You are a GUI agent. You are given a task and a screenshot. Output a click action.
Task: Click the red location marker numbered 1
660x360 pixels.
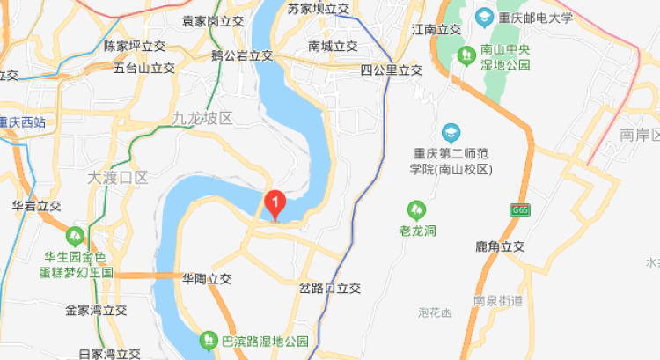coord(275,204)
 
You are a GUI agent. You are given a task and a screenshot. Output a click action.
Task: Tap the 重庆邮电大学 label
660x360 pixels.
coord(538,17)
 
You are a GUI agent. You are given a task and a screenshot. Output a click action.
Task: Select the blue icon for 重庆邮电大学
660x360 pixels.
coord(483,17)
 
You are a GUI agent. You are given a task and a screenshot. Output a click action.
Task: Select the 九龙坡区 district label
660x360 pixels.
coord(202,118)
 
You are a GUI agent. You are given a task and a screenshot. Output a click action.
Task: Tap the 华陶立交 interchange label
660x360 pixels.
coord(206,278)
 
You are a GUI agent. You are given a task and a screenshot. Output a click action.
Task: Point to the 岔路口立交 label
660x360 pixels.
coord(330,288)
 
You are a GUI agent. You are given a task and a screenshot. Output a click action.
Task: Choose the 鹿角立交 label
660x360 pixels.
coord(499,247)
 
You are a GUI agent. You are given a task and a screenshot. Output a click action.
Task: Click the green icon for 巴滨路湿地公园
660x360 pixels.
coord(209,339)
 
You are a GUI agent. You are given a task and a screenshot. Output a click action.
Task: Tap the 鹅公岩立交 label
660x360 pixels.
coord(242,55)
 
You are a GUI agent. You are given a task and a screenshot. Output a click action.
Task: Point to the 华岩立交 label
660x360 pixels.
coord(36,205)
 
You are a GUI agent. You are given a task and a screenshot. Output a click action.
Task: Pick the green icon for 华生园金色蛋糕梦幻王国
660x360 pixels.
coord(76,237)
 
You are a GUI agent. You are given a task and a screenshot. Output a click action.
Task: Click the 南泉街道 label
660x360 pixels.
coord(498,300)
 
